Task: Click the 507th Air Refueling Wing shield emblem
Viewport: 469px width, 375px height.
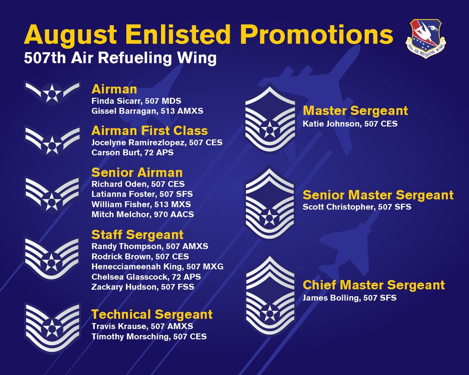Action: [x=426, y=38]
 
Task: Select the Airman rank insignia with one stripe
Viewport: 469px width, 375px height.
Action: [x=52, y=92]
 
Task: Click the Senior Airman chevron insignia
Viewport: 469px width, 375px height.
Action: [x=52, y=193]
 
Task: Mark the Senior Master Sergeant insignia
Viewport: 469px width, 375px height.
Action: [x=270, y=204]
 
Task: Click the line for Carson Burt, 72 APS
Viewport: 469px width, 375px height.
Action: [x=133, y=152]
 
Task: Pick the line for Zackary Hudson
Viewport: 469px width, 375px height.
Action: [x=143, y=287]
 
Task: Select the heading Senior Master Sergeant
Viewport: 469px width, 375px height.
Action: [x=378, y=195]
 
